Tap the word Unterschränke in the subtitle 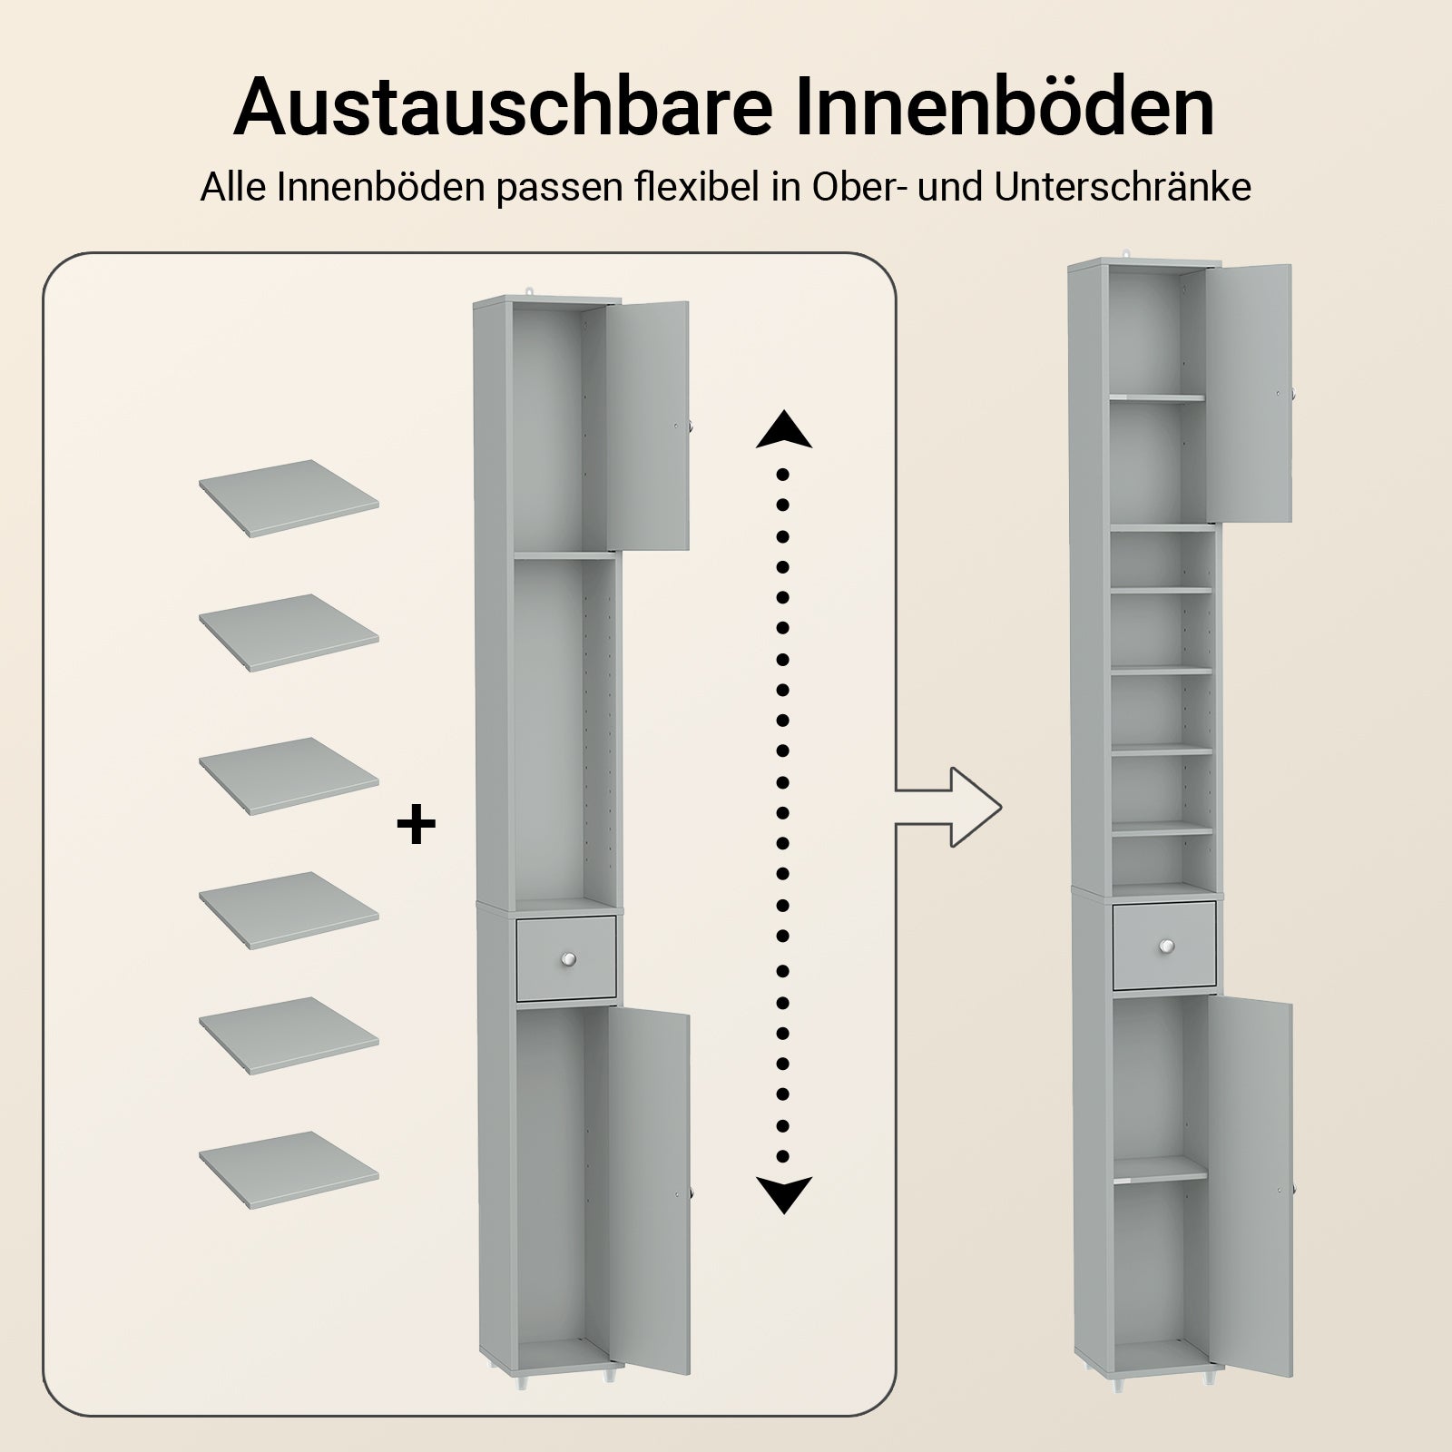pyautogui.click(x=1123, y=188)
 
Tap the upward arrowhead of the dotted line pyautogui.click(x=783, y=429)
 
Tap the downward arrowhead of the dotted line pyautogui.click(x=783, y=1193)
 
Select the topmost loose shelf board pyautogui.click(x=289, y=498)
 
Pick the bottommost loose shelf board pyautogui.click(x=289, y=1170)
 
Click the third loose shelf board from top pyautogui.click(x=289, y=776)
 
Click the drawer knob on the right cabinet pyautogui.click(x=1164, y=947)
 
